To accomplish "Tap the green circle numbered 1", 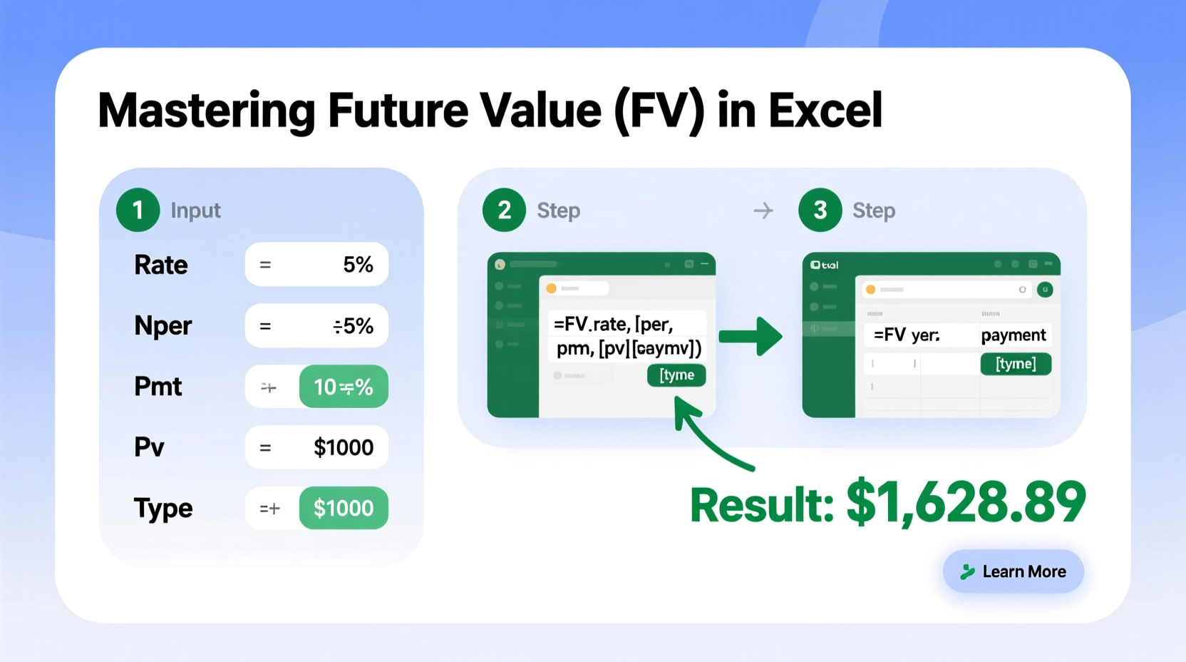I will point(138,210).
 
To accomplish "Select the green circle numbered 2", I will point(504,210).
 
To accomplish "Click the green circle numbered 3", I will point(820,210).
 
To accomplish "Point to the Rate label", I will point(161,265).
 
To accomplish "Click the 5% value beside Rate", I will point(358,265).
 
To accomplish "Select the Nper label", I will point(163,326).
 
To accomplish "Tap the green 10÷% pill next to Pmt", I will point(344,387).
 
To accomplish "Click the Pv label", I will point(150,447).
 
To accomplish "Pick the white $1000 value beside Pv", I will point(344,447).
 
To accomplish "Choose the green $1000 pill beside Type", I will point(344,508).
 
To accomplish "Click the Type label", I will point(163,508).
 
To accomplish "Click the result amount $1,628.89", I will point(966,503).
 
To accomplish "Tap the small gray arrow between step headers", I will point(763,210).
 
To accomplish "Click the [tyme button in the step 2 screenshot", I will point(676,375).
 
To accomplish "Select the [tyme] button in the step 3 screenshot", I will point(1016,364).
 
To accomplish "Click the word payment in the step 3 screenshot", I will point(1013,335).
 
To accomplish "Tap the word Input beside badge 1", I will point(195,210).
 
